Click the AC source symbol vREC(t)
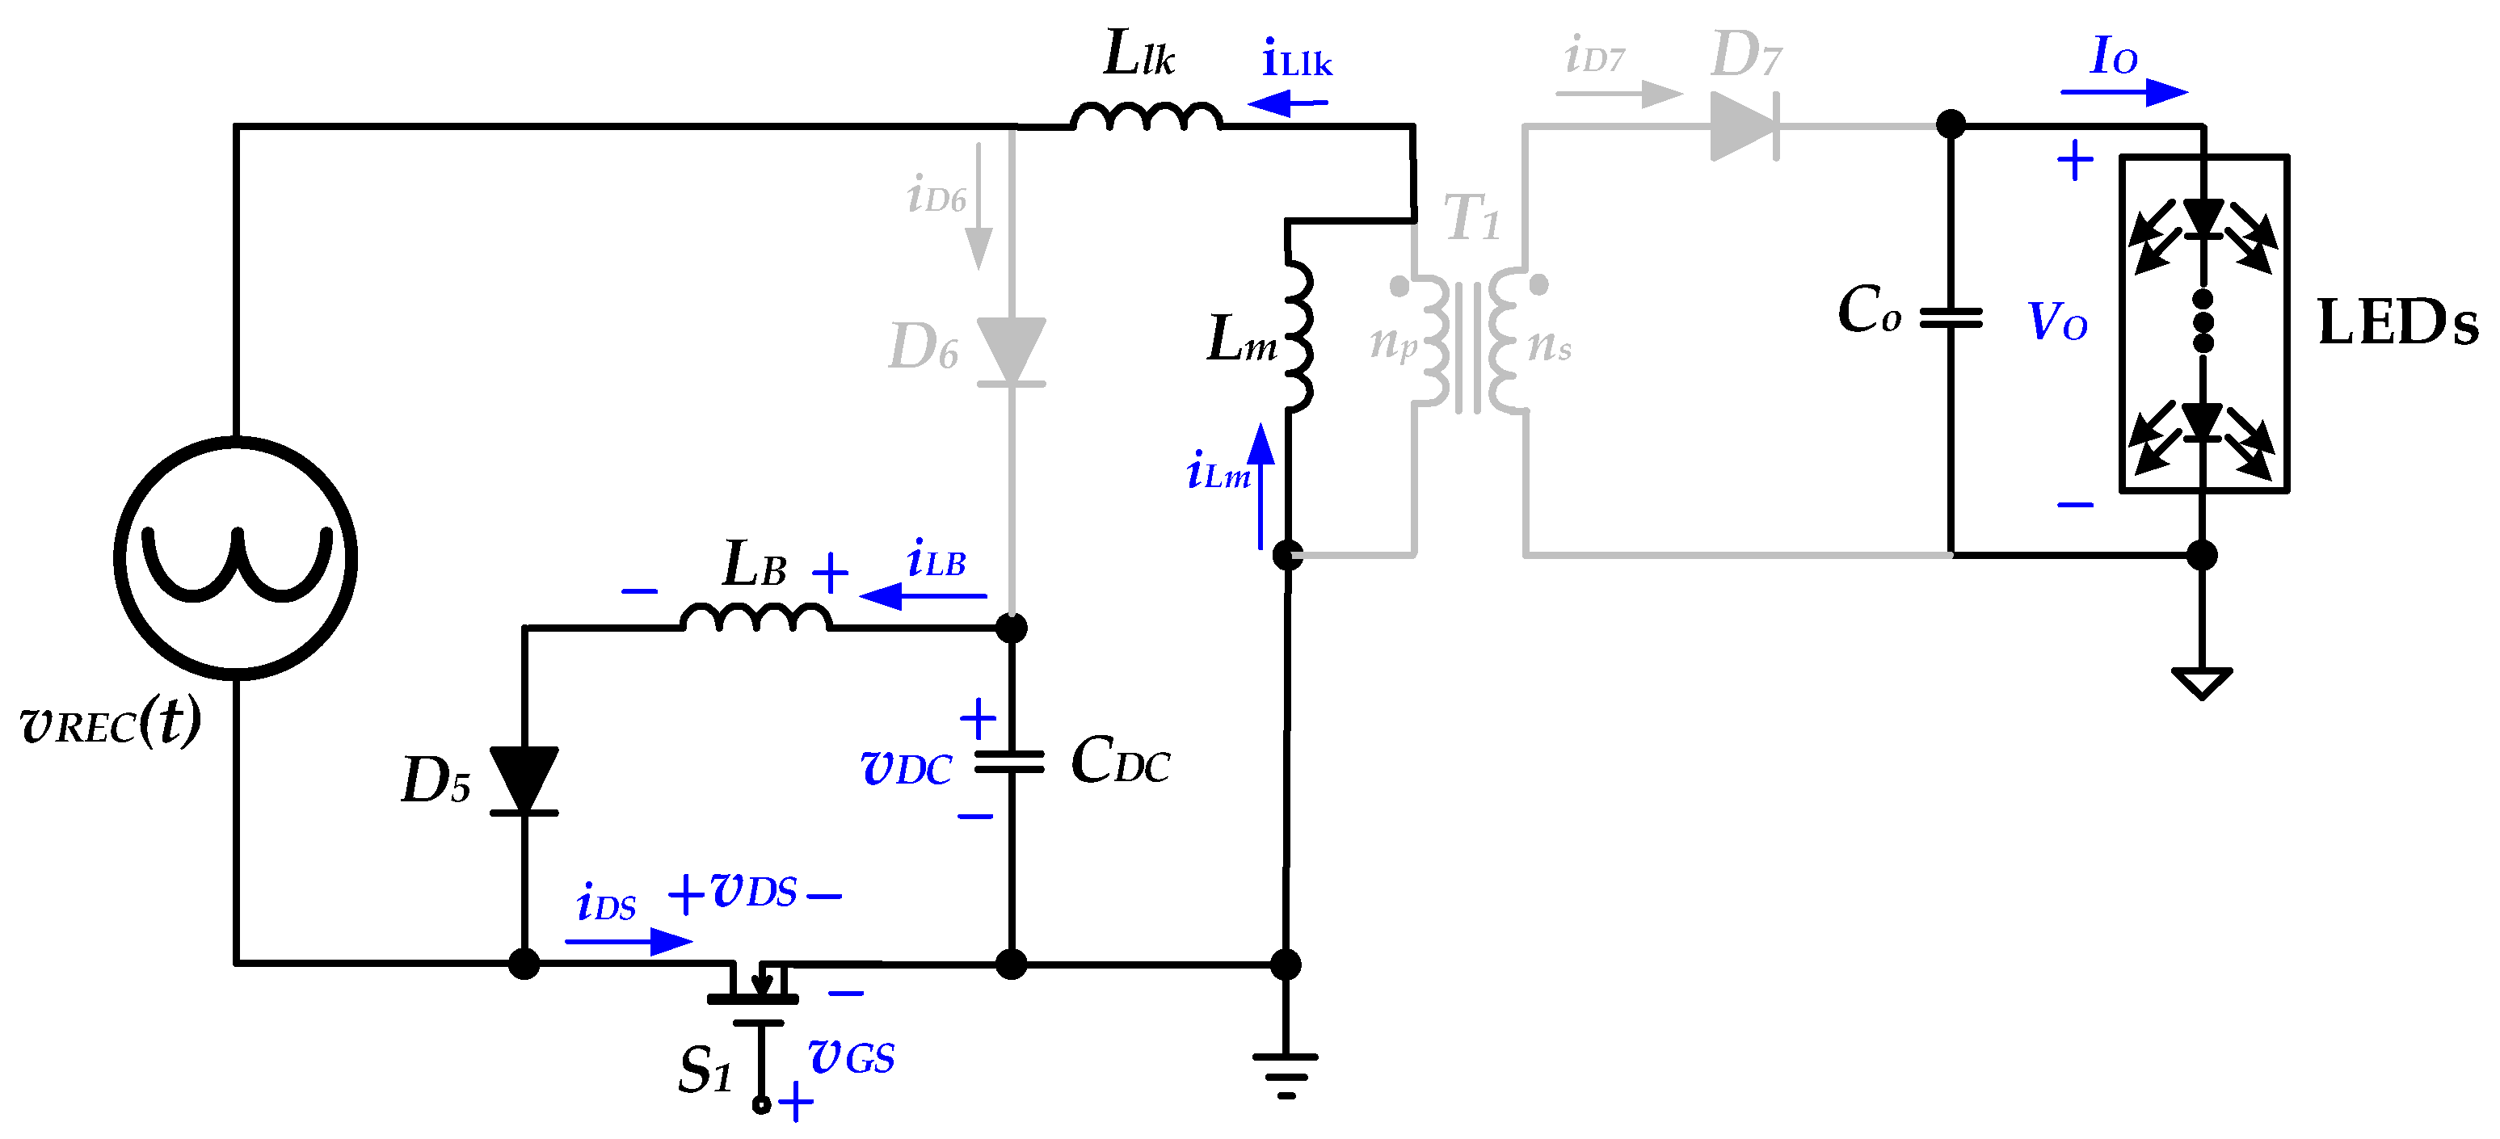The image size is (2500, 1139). [236, 558]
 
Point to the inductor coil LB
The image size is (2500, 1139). [756, 618]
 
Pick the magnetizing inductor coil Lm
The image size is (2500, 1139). [1298, 334]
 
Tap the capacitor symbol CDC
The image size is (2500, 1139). [1010, 763]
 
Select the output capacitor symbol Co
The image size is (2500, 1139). [1951, 318]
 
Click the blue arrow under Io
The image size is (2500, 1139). [2124, 93]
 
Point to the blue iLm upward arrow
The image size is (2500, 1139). [1261, 485]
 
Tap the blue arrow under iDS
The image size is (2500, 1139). [629, 941]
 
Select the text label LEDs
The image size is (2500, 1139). [2397, 323]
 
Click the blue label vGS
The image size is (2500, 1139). [851, 1057]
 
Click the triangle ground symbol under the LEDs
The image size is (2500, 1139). [2202, 682]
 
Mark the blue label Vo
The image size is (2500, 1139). [2057, 322]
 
